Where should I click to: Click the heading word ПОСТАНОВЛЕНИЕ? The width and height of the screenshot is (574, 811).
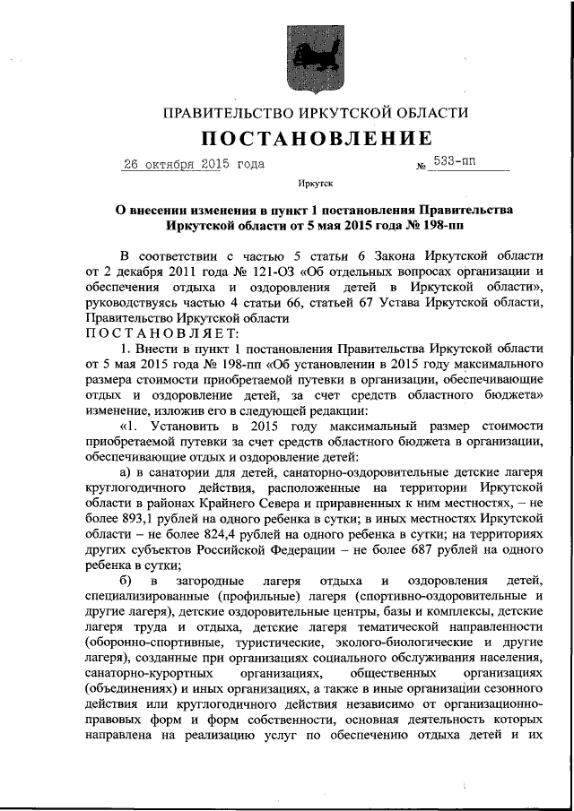315,139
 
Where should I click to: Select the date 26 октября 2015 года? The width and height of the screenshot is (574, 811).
192,165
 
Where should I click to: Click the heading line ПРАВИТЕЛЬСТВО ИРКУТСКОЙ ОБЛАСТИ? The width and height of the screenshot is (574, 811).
315,113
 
